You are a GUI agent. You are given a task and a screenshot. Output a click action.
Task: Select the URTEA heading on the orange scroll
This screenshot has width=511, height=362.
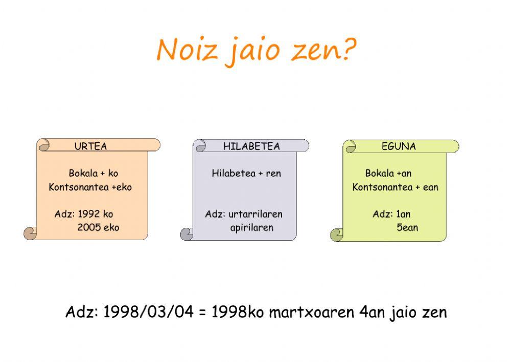click(x=90, y=146)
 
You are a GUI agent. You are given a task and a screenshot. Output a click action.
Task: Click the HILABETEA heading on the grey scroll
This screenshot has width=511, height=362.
click(x=251, y=146)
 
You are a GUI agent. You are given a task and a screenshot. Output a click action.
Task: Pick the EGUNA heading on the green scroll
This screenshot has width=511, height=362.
click(x=399, y=146)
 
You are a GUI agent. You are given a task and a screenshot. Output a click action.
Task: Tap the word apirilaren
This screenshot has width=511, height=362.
click(x=251, y=227)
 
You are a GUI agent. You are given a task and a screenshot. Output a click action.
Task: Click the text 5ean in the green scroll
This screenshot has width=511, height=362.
click(x=407, y=227)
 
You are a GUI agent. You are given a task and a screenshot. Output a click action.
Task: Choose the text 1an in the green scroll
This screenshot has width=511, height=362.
click(x=403, y=214)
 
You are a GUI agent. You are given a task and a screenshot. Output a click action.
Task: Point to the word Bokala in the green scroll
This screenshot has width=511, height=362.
click(x=379, y=173)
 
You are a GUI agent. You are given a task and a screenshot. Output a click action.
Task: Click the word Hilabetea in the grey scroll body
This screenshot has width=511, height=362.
click(x=234, y=173)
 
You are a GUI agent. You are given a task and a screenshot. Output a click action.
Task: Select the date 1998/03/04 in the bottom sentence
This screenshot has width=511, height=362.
click(x=149, y=312)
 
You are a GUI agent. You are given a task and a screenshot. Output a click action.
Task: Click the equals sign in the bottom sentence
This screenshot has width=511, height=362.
click(x=203, y=312)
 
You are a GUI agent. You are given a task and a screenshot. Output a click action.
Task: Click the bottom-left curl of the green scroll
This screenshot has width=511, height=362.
click(x=337, y=235)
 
